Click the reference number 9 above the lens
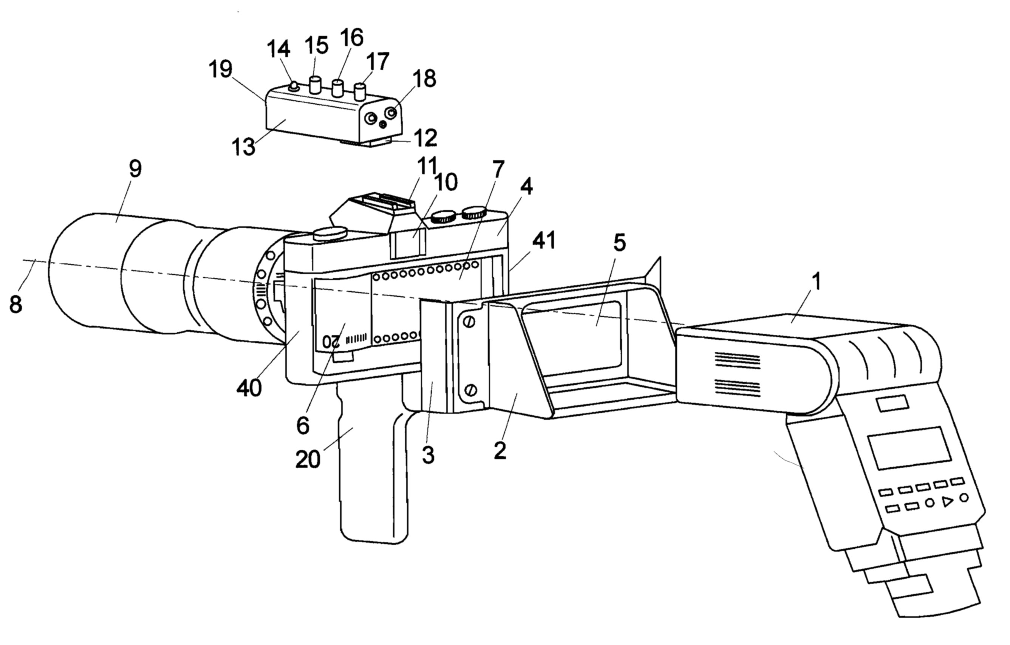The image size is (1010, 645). click(x=135, y=169)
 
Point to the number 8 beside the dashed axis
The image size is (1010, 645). click(x=15, y=305)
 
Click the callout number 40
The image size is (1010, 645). click(x=249, y=389)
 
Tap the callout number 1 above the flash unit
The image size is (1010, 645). click(x=816, y=282)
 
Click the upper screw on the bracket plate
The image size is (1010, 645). click(x=469, y=322)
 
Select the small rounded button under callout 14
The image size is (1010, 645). click(x=294, y=88)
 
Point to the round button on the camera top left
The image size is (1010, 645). click(x=330, y=234)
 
